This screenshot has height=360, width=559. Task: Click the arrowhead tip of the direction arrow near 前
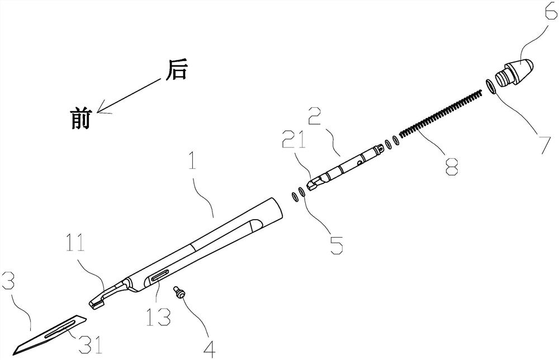click(x=97, y=111)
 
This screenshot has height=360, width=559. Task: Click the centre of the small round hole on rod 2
click(x=361, y=163)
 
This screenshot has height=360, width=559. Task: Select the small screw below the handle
click(x=179, y=292)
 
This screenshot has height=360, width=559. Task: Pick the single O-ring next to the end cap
click(x=491, y=86)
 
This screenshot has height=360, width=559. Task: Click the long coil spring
click(x=439, y=114)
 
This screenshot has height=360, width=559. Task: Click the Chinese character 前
click(x=80, y=119)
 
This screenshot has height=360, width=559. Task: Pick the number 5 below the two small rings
click(x=336, y=244)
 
